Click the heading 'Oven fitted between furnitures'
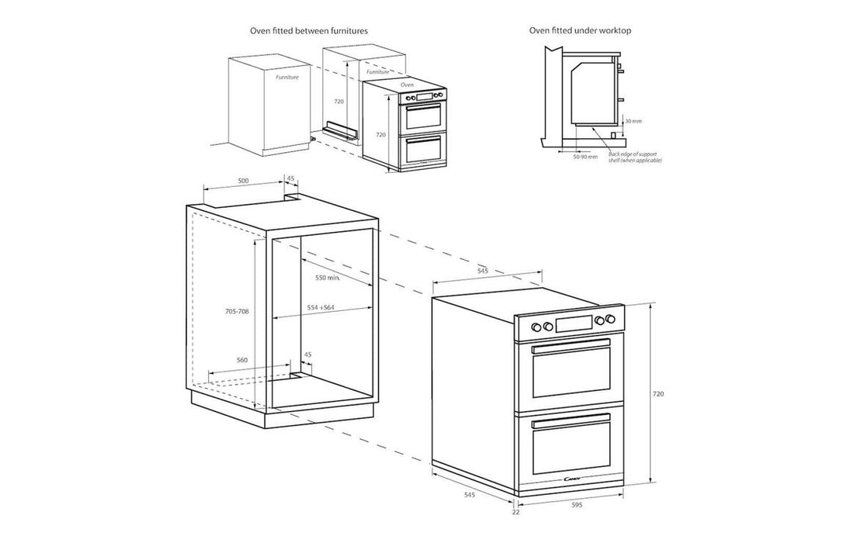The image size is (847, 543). (308, 30)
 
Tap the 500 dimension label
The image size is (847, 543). (243, 180)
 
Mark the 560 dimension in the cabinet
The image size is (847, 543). (241, 361)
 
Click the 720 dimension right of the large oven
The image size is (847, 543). (658, 394)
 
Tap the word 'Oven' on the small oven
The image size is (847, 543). (407, 84)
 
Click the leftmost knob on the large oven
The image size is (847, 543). (536, 326)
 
